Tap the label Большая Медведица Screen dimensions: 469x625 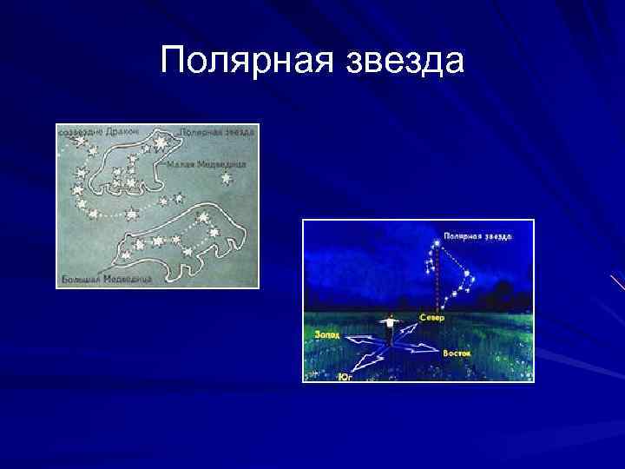pyautogui.click(x=105, y=280)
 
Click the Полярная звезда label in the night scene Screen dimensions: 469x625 pyautogui.click(x=478, y=235)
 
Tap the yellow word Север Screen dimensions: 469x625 pyautogui.click(x=432, y=319)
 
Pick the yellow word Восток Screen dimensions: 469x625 pyautogui.click(x=457, y=353)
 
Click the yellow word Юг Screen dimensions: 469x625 pyautogui.click(x=345, y=377)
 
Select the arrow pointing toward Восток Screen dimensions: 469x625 pyautogui.click(x=420, y=349)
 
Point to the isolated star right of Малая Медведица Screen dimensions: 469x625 pyautogui.click(x=227, y=179)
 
